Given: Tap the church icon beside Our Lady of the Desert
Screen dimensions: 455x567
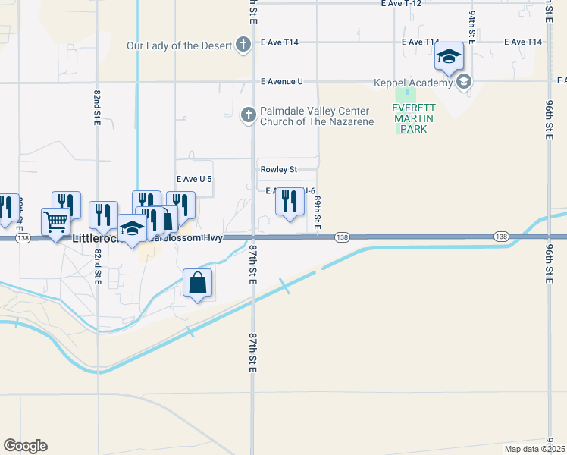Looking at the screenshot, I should point(243,45).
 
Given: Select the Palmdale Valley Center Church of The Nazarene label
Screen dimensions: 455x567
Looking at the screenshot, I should point(317,116).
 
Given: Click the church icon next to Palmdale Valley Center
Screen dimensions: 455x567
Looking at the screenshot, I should point(248,115).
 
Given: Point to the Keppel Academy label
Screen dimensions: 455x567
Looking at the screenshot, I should point(415,82).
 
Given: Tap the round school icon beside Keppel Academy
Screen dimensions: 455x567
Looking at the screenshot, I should point(463,82).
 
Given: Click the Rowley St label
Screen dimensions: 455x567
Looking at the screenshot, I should point(278,170).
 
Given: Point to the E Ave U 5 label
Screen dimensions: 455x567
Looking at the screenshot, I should point(193,179).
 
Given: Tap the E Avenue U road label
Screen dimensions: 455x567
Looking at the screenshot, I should point(281,81).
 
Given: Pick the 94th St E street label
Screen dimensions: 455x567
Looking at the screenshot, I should point(471,27).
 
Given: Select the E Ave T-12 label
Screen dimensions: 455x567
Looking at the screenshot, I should point(401,4).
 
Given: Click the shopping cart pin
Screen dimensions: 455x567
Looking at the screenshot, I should point(55,224).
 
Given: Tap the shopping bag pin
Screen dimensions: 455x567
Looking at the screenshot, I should point(197,284).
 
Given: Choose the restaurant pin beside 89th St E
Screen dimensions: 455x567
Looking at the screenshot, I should point(288,202).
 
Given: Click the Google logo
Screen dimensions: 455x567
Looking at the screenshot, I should point(25,446).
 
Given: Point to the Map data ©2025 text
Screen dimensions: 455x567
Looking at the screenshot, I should point(535,449).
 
